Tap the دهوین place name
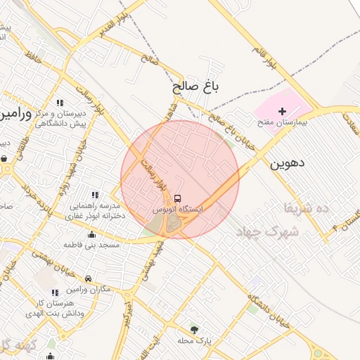coord(287,163)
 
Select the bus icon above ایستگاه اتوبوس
coord(177,199)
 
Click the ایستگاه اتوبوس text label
coord(178,210)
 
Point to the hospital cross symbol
coord(283,111)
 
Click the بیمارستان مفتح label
coord(283,122)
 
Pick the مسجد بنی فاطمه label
coord(92,245)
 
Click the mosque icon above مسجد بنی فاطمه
coord(91,235)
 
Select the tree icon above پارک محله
coord(195,329)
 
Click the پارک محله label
coord(195,340)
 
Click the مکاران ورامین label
coord(89,289)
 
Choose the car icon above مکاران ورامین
coord(88,278)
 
